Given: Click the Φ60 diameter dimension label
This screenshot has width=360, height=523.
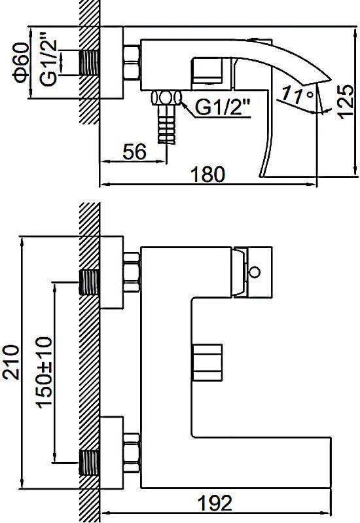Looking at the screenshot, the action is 20,63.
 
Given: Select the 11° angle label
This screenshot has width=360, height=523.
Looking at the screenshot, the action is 298,95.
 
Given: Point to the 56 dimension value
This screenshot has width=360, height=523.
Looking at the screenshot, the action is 134,152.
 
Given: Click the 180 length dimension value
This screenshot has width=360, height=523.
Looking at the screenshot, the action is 208,174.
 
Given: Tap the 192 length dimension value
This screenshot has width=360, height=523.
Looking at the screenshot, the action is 215,503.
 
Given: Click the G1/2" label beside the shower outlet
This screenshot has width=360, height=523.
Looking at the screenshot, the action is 223,107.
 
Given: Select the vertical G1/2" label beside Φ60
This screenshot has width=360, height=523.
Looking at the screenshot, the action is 48,63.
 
